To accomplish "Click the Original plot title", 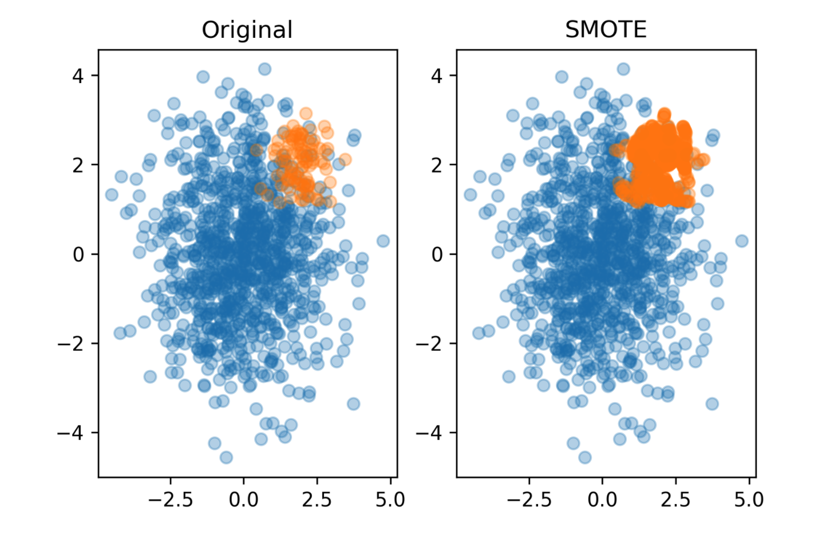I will [x=247, y=30].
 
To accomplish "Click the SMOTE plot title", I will [x=606, y=30].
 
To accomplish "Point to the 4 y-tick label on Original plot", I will [x=78, y=76].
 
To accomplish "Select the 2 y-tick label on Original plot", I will [x=78, y=165].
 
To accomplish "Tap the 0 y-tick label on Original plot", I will [x=78, y=254].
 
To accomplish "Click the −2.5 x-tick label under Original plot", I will [x=170, y=500].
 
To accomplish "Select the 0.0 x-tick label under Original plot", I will [x=243, y=500].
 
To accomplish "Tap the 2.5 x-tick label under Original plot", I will [x=317, y=500].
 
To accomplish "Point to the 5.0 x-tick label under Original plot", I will [x=390, y=500].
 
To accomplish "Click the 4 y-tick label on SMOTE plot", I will [x=437, y=76].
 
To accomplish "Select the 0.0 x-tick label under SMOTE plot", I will [x=602, y=500].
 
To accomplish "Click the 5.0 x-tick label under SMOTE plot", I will [x=749, y=500].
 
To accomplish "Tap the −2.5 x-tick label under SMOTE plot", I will [x=529, y=500].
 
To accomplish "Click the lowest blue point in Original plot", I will [x=226, y=457].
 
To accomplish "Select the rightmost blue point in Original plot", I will [x=383, y=241].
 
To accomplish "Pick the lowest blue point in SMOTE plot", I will [x=584, y=457].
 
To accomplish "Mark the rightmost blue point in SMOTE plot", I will [x=742, y=241].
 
